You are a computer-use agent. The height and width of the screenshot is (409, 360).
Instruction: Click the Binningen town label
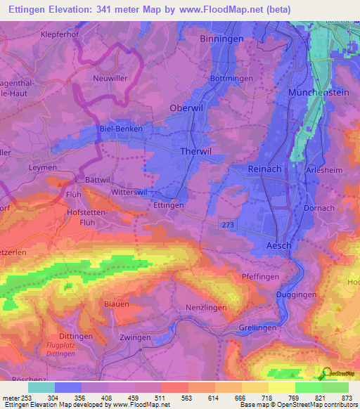pyautogui.click(x=221, y=39)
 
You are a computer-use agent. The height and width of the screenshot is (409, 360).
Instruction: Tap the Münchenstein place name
pyautogui.click(x=319, y=93)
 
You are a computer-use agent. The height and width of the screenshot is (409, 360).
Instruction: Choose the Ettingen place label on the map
pyautogui.click(x=168, y=205)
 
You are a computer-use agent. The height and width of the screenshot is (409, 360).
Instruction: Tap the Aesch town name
pyautogui.click(x=278, y=245)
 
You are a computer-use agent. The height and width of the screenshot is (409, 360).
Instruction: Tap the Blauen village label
pyautogui.click(x=116, y=304)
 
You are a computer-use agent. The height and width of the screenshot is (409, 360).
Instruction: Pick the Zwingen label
pyautogui.click(x=136, y=337)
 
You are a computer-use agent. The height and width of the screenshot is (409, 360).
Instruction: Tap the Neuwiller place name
pyautogui.click(x=110, y=79)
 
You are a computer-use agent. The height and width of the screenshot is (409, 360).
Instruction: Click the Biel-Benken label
pyautogui.click(x=121, y=129)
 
